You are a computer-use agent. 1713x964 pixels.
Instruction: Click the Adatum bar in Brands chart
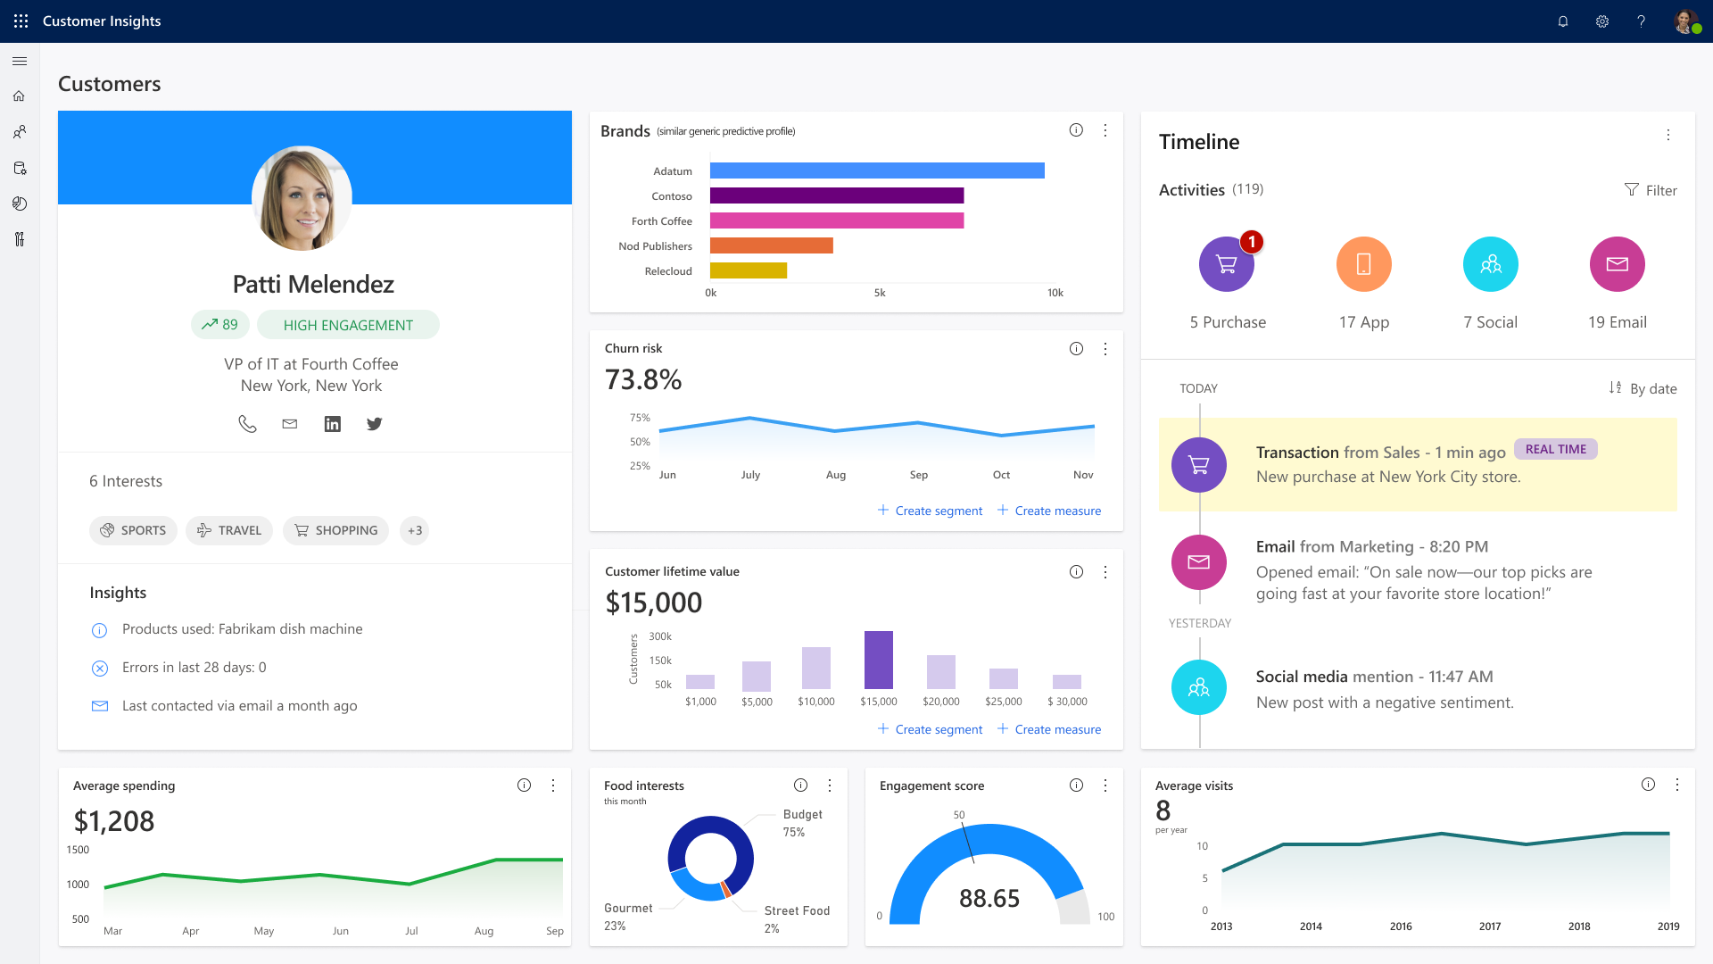point(876,170)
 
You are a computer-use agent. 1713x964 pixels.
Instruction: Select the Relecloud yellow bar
point(748,270)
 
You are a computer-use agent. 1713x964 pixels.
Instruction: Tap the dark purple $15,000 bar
point(878,660)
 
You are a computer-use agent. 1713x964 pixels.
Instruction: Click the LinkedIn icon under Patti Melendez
point(332,424)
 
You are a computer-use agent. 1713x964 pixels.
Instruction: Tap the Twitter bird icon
point(374,424)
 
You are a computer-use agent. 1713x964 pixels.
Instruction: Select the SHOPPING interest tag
point(336,530)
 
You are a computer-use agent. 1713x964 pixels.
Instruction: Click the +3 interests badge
point(415,530)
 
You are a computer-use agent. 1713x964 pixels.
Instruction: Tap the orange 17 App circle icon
point(1363,264)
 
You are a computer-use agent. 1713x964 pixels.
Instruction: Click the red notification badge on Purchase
point(1252,242)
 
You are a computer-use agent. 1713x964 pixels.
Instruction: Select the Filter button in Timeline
point(1651,190)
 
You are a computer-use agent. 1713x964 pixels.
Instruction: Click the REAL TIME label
point(1555,449)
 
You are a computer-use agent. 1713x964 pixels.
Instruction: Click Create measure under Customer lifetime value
point(1049,729)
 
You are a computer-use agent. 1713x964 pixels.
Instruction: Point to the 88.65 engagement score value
point(989,898)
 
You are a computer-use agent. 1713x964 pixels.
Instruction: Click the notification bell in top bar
point(1563,21)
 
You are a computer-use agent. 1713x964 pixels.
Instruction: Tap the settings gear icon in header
point(1602,21)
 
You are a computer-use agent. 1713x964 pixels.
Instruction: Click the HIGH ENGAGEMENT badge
point(348,325)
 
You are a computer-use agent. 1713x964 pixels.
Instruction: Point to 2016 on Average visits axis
point(1401,927)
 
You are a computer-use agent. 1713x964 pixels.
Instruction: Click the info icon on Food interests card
point(800,785)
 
